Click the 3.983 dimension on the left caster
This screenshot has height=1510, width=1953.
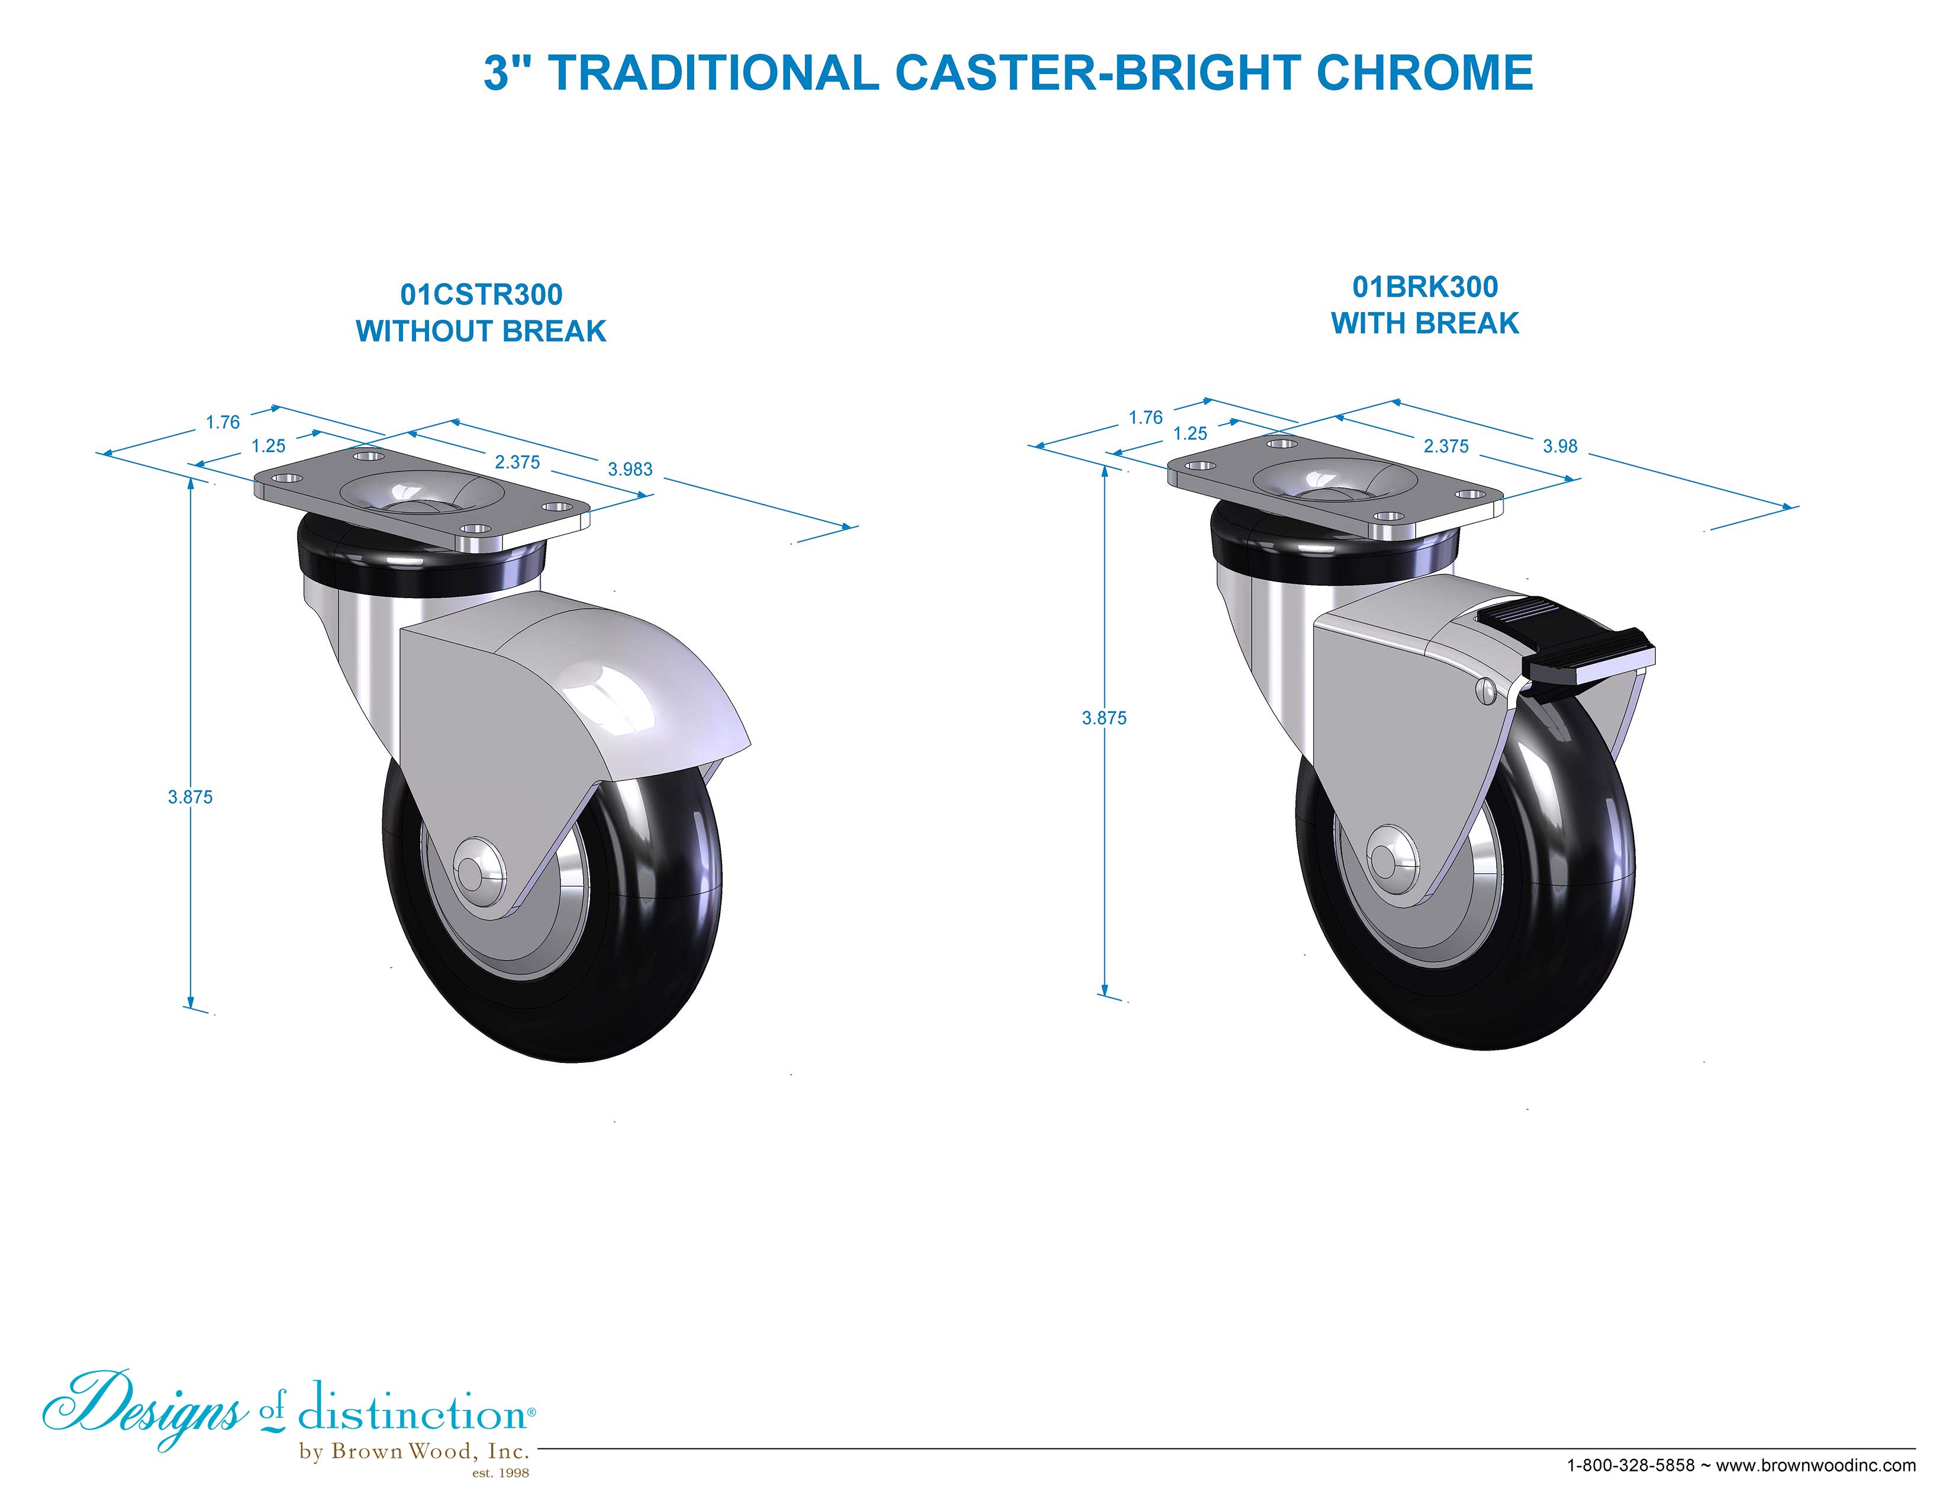[630, 469]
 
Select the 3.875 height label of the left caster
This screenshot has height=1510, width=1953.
[191, 797]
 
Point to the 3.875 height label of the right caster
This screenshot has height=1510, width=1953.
[1104, 718]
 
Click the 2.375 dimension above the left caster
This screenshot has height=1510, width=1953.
[518, 462]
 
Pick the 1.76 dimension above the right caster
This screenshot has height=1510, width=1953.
[1146, 417]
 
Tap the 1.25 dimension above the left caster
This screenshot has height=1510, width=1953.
[268, 445]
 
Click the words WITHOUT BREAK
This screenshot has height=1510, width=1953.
[481, 331]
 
